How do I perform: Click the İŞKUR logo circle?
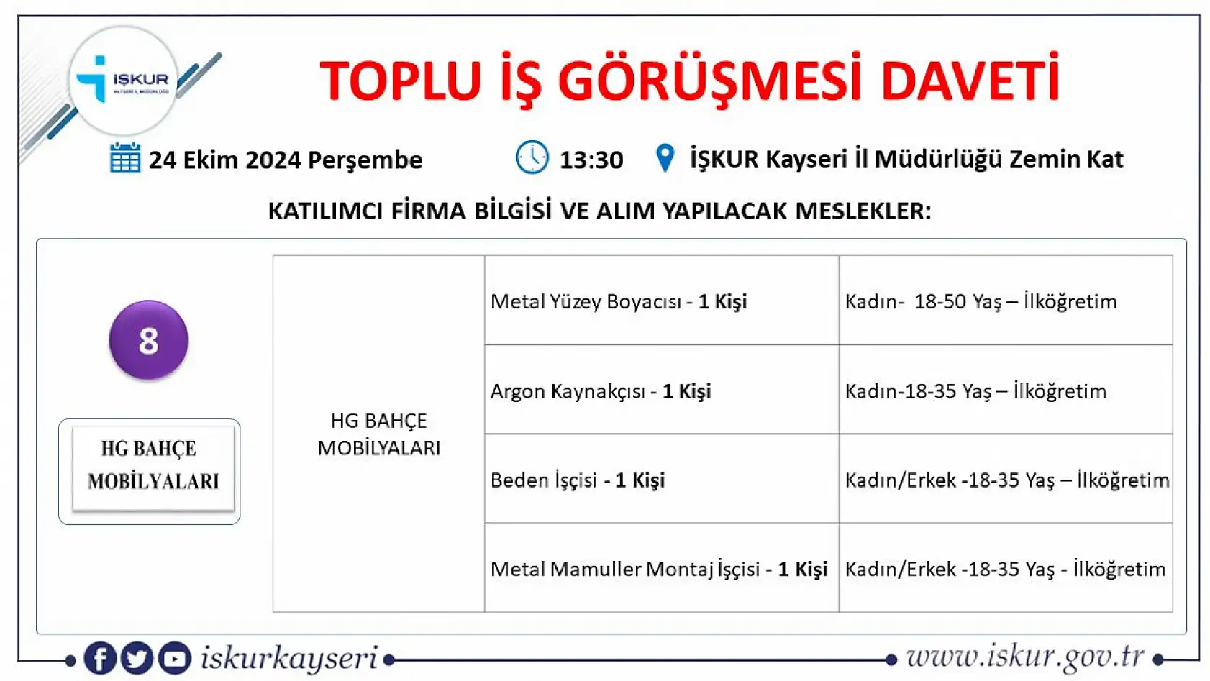click(123, 81)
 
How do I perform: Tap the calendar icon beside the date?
click(125, 158)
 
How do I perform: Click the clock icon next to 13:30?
click(532, 157)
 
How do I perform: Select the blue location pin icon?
click(665, 158)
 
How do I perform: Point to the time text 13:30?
click(591, 160)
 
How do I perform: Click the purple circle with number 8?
click(149, 340)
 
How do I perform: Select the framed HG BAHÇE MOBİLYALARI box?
click(150, 471)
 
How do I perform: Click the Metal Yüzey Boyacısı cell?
click(661, 301)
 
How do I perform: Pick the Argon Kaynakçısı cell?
click(661, 390)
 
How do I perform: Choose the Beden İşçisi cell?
click(661, 480)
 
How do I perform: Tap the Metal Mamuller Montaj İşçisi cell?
click(661, 569)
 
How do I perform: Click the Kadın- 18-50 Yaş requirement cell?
click(1005, 301)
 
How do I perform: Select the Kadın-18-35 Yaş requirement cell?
click(1005, 390)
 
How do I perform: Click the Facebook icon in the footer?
click(100, 658)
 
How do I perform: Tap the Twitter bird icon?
click(137, 658)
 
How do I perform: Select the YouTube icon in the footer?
click(174, 658)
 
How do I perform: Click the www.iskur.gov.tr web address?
click(1024, 657)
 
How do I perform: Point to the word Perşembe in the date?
click(372, 160)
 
